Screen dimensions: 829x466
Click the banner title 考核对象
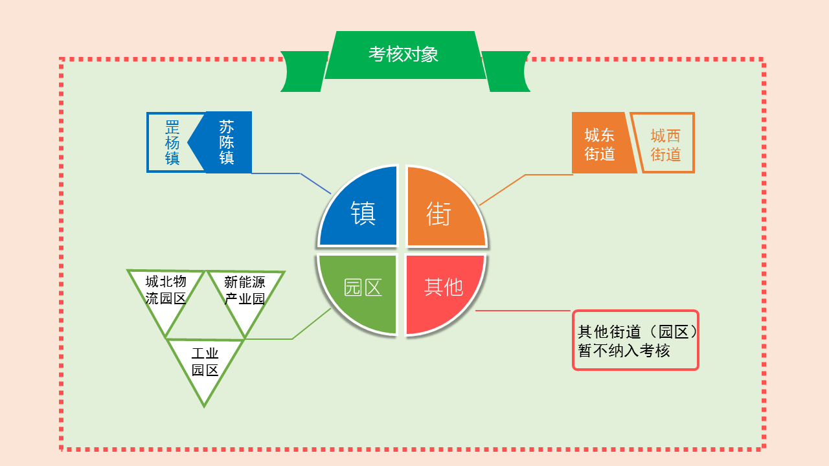pyautogui.click(x=403, y=54)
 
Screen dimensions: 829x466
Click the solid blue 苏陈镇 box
pyautogui.click(x=225, y=142)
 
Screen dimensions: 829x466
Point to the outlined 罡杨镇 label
pyautogui.click(x=172, y=142)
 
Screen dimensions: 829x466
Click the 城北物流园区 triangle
pyautogui.click(x=165, y=296)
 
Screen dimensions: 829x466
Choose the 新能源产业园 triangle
pyautogui.click(x=245, y=296)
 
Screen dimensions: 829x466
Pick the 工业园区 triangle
pyautogui.click(x=205, y=366)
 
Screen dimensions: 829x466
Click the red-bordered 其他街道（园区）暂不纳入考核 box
pyautogui.click(x=635, y=340)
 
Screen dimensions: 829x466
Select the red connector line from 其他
pyautogui.click(x=523, y=311)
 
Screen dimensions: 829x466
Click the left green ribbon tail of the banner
pyautogui.click(x=304, y=71)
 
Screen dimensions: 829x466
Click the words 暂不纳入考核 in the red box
pyautogui.click(x=624, y=351)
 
